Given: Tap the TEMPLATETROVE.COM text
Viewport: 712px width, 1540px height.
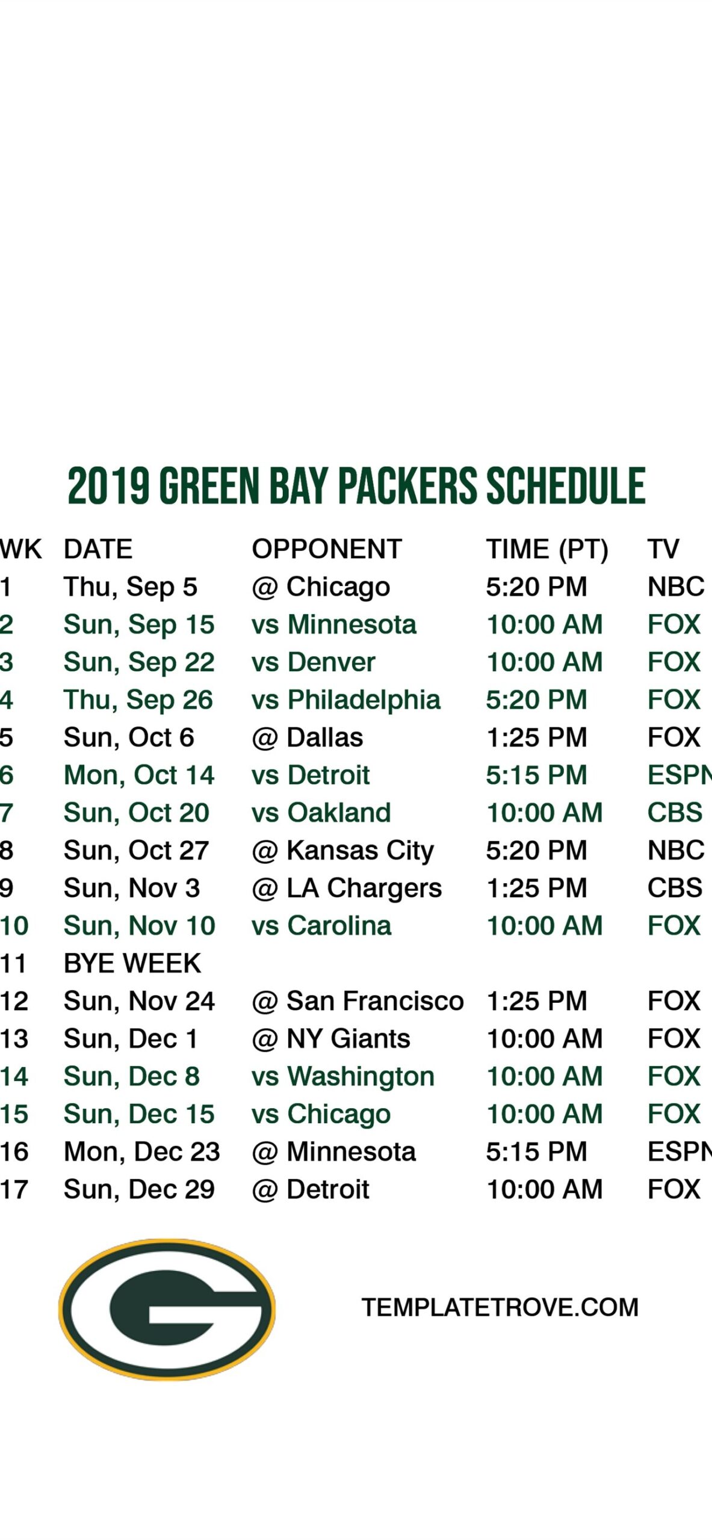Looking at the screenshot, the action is pyautogui.click(x=500, y=1307).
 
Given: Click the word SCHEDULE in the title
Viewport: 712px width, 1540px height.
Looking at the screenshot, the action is pyautogui.click(x=566, y=485).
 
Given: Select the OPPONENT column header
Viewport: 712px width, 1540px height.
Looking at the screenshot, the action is pyautogui.click(x=327, y=549).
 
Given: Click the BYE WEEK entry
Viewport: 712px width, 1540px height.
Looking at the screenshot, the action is pyautogui.click(x=132, y=963).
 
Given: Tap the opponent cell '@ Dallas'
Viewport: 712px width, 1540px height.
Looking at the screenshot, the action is pyautogui.click(x=308, y=738).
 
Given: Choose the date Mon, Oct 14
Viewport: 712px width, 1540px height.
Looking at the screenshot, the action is pyautogui.click(x=139, y=775).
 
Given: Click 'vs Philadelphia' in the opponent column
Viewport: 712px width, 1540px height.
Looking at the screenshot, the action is pyautogui.click(x=346, y=700).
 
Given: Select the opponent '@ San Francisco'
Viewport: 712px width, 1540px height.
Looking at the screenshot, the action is pyautogui.click(x=358, y=1001).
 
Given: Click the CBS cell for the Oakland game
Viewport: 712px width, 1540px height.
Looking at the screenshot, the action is pyautogui.click(x=675, y=813).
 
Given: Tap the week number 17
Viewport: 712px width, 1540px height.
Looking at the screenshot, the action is pyautogui.click(x=14, y=1189).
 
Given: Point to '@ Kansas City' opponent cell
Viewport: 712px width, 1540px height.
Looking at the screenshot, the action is pyautogui.click(x=342, y=851).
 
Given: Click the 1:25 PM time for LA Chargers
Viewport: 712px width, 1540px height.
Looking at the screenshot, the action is pyautogui.click(x=536, y=888).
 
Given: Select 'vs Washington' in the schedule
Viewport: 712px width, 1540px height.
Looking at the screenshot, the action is pyautogui.click(x=343, y=1077).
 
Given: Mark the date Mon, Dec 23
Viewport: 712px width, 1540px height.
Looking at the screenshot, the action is pyautogui.click(x=142, y=1152).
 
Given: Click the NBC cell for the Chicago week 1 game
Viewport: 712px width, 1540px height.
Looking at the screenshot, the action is pyautogui.click(x=676, y=587).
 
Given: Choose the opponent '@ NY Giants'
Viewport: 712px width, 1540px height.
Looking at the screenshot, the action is pyautogui.click(x=331, y=1039).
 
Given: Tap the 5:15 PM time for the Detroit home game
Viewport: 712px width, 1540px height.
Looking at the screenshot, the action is pyautogui.click(x=536, y=775).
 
